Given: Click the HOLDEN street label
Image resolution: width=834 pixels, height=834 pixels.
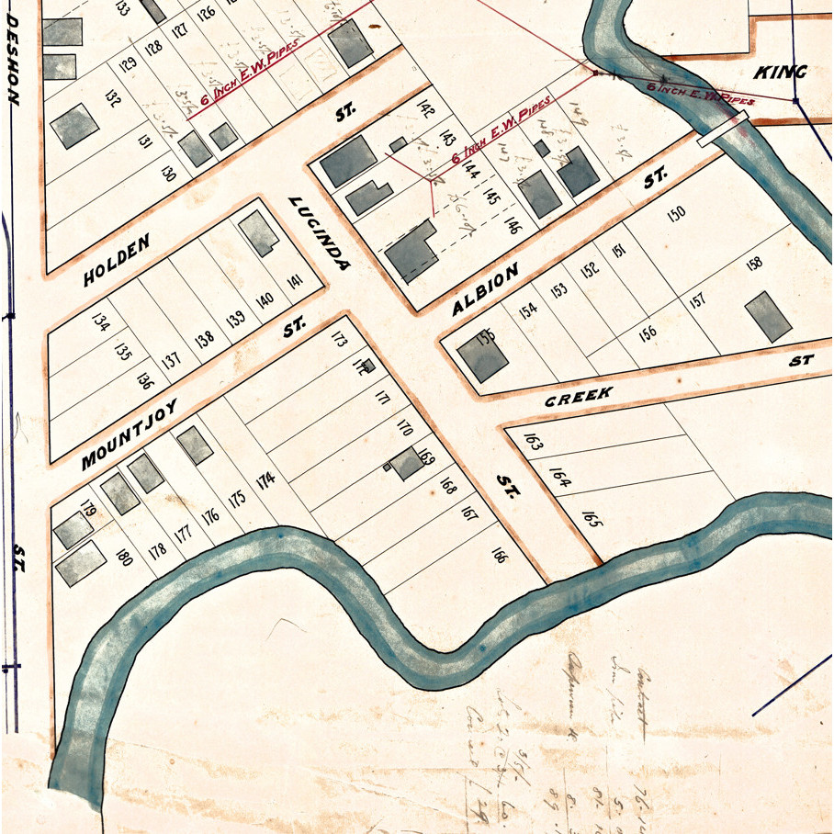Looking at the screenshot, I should [x=116, y=259].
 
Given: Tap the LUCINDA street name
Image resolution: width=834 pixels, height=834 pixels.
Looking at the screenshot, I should [x=319, y=233].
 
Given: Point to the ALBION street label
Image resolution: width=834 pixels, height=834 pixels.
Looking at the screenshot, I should [x=486, y=288].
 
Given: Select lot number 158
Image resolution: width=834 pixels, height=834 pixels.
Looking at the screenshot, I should [x=754, y=264].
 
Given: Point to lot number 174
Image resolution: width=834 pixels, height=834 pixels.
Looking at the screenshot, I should [x=265, y=479].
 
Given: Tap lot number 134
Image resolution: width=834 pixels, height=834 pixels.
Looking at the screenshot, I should [x=101, y=322].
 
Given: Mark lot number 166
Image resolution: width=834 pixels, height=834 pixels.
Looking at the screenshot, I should [x=499, y=555].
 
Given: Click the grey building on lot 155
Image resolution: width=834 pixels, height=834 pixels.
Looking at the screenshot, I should [x=482, y=355].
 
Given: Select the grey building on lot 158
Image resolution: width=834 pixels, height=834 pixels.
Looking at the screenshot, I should [x=768, y=317].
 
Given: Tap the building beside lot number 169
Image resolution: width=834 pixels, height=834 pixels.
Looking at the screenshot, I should [x=406, y=464].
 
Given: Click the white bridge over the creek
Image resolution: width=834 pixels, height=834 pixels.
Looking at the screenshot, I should [x=720, y=130].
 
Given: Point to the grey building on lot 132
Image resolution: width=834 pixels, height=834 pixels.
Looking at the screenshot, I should [x=74, y=126].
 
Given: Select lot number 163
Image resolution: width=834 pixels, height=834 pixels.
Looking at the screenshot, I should [x=533, y=441].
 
